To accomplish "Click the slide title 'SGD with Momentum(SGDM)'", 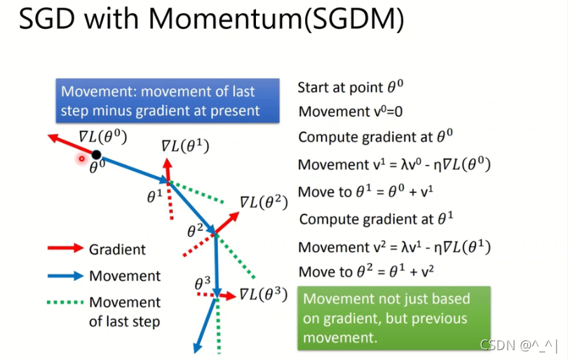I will [x=211, y=21].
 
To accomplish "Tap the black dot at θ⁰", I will [x=97, y=154].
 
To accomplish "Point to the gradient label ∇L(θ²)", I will [x=264, y=202].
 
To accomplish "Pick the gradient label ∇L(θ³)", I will [x=264, y=293].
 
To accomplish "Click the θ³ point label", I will [x=203, y=284].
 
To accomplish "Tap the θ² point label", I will [x=195, y=230].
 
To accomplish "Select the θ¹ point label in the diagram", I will [x=155, y=197].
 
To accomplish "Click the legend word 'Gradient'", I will [x=117, y=249].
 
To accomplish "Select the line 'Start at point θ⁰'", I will [x=350, y=88].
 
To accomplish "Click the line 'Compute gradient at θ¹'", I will [x=376, y=219].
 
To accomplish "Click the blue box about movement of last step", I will [x=168, y=100].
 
